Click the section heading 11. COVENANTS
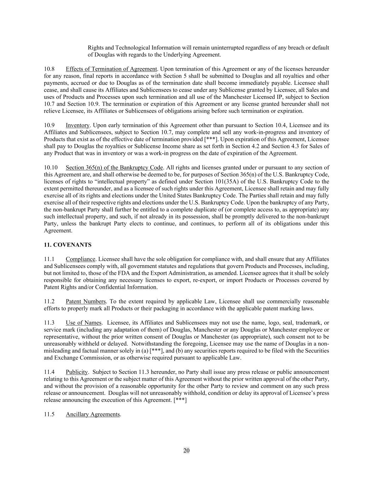click(68, 245)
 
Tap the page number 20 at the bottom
click(186, 450)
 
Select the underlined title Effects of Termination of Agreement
click(111, 69)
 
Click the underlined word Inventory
click(77, 125)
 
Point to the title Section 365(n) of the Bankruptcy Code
click(114, 167)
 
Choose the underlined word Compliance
click(81, 259)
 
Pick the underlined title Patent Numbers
click(86, 301)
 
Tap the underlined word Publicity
click(76, 372)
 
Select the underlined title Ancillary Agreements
click(93, 414)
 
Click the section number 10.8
click(49, 69)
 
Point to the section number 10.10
click(51, 167)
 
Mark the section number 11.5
click(49, 414)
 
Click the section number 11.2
click(49, 301)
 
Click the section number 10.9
click(49, 125)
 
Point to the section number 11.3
click(49, 322)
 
